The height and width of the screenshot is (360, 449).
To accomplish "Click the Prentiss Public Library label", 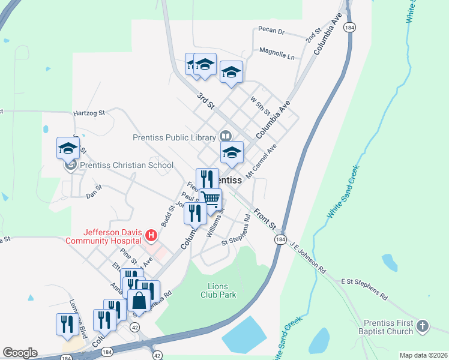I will click(x=174, y=137).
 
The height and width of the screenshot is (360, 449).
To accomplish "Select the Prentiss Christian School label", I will click(x=127, y=166).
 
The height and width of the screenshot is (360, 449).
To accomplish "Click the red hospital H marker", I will click(x=151, y=235).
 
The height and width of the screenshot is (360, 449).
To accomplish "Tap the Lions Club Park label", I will click(x=217, y=290).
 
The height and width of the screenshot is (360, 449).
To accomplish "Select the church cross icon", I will click(x=423, y=326).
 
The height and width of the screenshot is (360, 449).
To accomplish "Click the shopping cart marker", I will click(x=211, y=199).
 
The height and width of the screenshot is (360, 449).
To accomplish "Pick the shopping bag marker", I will click(x=139, y=301).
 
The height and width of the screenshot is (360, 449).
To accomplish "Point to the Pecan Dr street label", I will click(x=271, y=30).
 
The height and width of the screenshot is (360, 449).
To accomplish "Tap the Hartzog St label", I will click(x=89, y=112).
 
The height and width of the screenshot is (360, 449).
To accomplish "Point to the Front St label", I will click(x=264, y=220).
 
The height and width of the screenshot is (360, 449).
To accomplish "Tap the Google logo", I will click(x=20, y=353).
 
